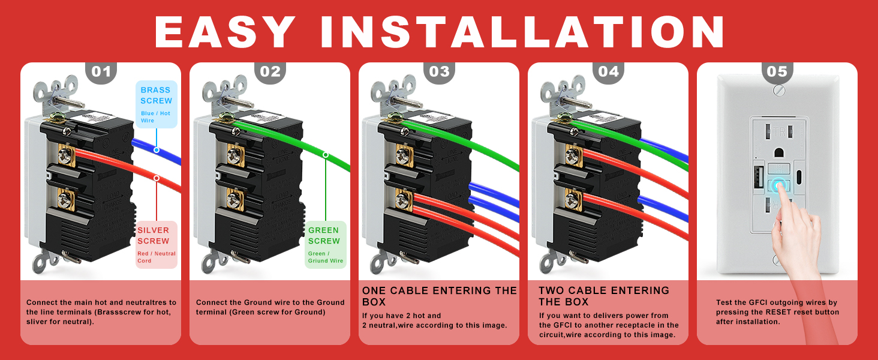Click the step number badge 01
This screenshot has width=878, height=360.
[x=101, y=72]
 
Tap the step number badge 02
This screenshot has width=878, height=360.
[x=270, y=72]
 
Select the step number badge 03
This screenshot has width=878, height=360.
[x=439, y=72]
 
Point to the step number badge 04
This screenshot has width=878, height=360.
[x=608, y=72]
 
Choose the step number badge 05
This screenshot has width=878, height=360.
[x=777, y=72]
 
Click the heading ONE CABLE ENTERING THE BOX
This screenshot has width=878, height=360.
[x=439, y=296]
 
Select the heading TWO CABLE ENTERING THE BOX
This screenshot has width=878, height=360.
[x=603, y=296]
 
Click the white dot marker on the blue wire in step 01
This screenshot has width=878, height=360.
[x=156, y=150]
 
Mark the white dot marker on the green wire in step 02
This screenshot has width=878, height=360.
[x=326, y=155]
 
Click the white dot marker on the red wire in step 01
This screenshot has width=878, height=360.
[x=156, y=178]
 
